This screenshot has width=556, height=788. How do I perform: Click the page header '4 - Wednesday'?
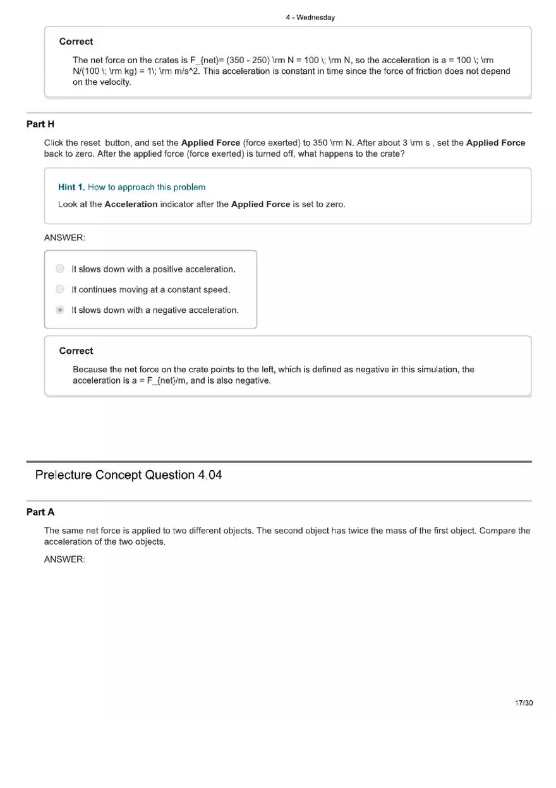[x=310, y=18]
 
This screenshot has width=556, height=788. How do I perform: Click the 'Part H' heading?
[x=40, y=124]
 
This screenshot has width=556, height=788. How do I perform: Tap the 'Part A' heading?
[x=40, y=512]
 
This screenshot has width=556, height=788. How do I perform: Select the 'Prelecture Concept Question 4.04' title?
[x=129, y=475]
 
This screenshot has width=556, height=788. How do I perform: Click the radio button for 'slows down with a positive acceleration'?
[x=60, y=269]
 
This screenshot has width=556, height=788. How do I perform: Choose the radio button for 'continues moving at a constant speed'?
[x=60, y=289]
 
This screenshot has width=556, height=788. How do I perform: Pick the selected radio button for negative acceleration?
[x=60, y=310]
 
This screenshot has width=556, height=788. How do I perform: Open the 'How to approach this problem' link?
[x=147, y=187]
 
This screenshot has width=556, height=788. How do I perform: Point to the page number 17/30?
[x=524, y=703]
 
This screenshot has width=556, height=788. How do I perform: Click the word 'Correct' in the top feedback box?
[x=76, y=42]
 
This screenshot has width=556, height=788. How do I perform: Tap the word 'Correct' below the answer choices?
[x=76, y=351]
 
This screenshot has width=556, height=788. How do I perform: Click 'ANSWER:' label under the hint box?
[x=64, y=238]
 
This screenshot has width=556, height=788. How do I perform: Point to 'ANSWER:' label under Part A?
[x=64, y=559]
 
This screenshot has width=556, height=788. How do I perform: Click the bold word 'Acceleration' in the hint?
[x=131, y=204]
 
